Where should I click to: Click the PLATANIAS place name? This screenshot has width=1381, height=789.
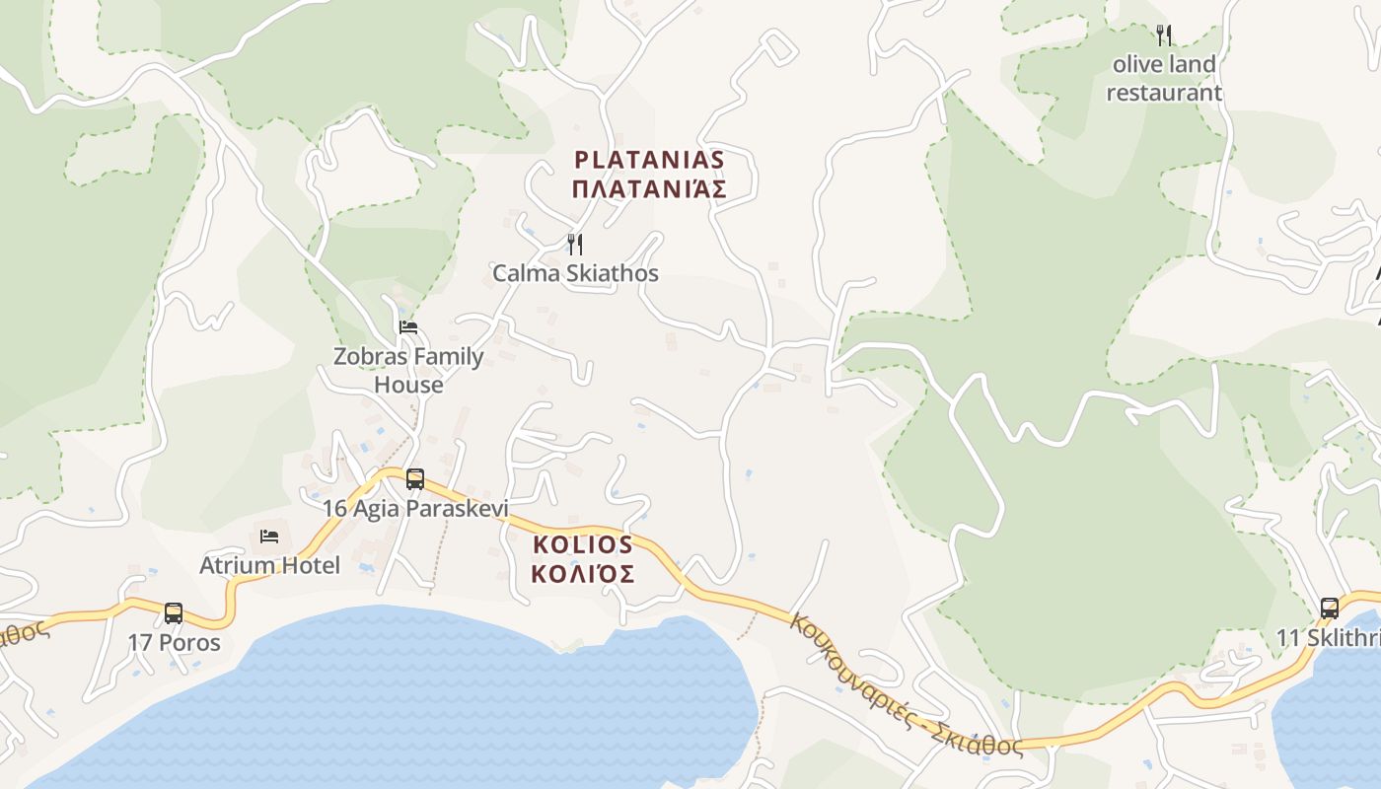649,160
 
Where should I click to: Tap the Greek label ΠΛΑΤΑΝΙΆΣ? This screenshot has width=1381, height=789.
649,189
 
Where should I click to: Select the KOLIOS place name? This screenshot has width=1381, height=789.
583,544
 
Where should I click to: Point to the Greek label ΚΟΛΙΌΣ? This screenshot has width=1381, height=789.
583,574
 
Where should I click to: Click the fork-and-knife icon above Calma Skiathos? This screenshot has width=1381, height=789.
575,244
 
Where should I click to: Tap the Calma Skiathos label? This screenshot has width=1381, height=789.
575,273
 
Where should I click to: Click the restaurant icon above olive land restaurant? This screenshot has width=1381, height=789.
1164,36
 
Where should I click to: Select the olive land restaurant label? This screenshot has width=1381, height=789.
1164,79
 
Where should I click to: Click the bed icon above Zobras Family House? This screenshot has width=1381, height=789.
408,326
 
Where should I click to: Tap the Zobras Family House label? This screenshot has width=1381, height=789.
408,370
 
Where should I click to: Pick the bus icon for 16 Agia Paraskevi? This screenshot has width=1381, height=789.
415,479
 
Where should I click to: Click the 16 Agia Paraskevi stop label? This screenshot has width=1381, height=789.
415,509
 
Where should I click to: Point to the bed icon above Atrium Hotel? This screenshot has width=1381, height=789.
269,536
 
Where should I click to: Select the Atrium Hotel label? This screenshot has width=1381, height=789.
269,565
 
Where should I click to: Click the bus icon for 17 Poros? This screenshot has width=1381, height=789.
174,612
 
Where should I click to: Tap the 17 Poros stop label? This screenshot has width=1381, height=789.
174,643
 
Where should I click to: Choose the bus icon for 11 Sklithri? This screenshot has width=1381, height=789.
1330,608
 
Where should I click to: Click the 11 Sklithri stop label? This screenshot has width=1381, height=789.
1328,638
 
